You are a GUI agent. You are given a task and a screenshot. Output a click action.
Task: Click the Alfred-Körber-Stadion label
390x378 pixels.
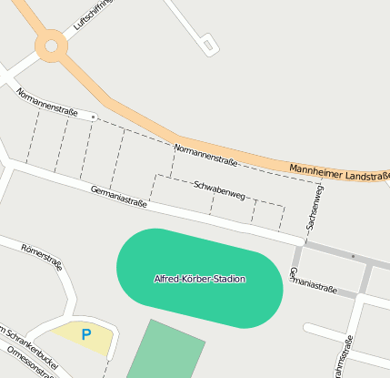point(200,279)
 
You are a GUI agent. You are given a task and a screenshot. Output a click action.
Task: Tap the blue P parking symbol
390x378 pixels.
point(86,334)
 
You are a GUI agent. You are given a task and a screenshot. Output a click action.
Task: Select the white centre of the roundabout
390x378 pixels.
point(52,45)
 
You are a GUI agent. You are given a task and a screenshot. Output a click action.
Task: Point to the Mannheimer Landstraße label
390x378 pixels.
point(339,170)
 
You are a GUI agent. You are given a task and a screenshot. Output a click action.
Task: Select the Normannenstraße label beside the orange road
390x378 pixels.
point(205,153)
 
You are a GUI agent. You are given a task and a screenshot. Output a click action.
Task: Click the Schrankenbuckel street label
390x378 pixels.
point(27,339)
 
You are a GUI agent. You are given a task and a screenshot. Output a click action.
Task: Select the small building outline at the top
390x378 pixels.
point(210,43)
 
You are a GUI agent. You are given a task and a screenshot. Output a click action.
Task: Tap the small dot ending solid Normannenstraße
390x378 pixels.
point(93,117)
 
